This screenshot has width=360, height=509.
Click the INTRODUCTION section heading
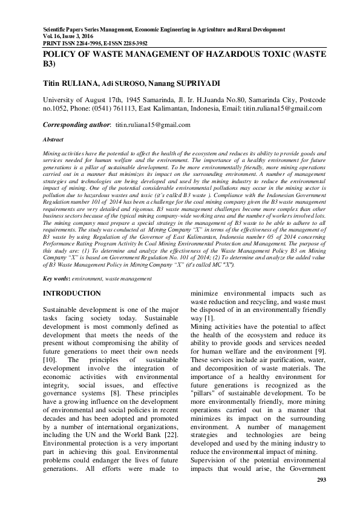pos(71,293)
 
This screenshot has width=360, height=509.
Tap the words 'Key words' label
pos(56,279)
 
